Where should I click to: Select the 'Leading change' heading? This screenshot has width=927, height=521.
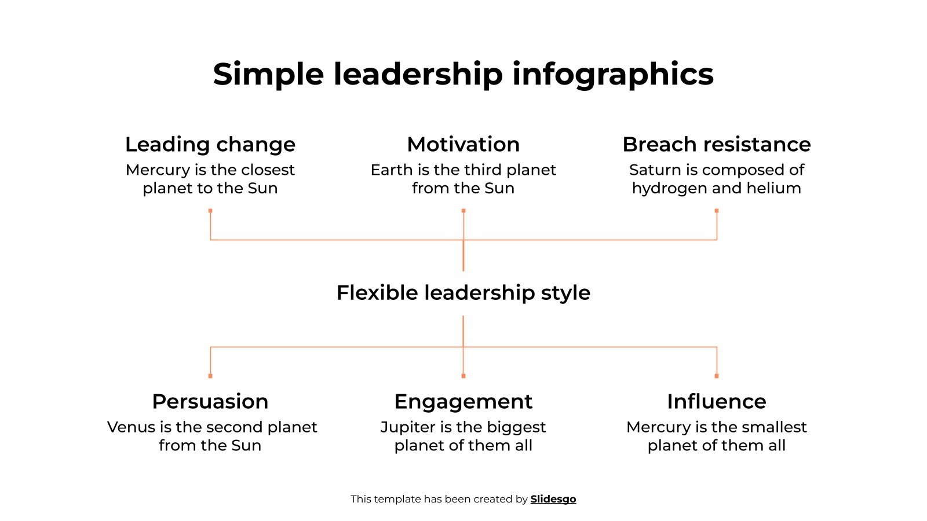210,144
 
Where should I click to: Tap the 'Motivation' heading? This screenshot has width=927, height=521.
463,144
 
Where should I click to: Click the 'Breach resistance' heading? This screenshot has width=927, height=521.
717,144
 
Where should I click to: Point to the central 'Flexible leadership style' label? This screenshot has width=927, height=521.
463,293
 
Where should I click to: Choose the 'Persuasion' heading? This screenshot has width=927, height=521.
210,401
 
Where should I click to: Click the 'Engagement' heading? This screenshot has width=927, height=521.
463,401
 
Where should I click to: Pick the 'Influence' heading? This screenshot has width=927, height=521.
717,401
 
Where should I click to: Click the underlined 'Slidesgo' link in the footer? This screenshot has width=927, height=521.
553,499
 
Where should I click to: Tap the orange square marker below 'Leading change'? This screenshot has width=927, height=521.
210,211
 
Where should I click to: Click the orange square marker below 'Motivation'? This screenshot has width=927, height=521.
463,211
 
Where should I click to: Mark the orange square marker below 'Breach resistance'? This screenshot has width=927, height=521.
717,211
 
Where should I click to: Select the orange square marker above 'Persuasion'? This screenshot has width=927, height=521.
210,376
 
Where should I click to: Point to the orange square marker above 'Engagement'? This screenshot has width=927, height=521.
463,376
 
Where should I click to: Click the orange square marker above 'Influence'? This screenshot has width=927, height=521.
717,376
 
